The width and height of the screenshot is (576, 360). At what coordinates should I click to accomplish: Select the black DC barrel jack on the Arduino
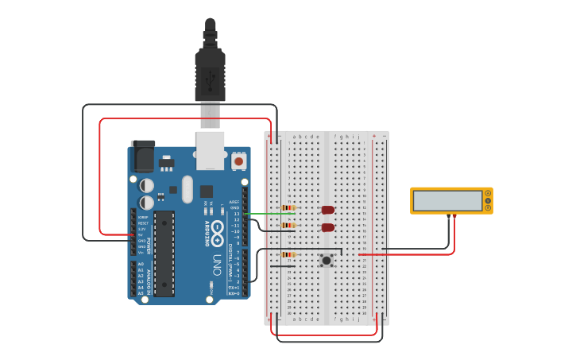point(143,157)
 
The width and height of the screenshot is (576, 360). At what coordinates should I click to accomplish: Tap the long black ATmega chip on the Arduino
point(164,254)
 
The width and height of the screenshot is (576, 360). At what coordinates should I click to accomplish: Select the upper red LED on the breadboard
point(327,210)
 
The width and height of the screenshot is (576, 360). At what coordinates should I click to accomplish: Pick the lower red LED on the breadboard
point(327,228)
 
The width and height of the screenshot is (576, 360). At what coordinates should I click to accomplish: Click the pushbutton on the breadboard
point(327,260)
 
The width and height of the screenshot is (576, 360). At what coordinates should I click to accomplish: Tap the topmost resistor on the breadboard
point(288,208)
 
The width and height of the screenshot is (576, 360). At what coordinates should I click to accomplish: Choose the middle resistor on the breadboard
point(288,226)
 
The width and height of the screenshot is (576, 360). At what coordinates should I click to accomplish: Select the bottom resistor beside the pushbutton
point(288,254)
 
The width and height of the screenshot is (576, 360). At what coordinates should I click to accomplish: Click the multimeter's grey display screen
point(447,200)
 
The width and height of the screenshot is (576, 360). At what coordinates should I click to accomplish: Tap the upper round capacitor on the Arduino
point(147,185)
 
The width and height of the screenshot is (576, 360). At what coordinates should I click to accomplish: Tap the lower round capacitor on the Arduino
point(147,203)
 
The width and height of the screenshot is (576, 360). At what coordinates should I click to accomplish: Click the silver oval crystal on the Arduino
point(187,189)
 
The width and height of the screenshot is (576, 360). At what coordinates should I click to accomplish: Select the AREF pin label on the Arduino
point(234,202)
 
